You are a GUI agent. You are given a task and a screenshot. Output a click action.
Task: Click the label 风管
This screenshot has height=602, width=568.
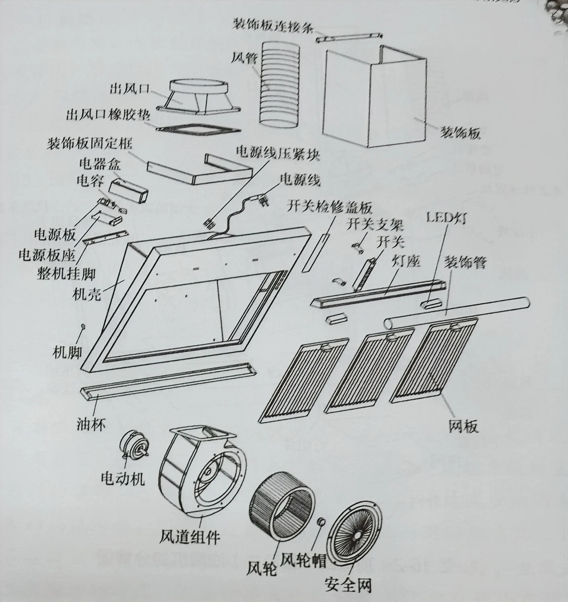[244, 58]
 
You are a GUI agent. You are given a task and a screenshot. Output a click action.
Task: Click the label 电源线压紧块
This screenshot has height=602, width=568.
[278, 154]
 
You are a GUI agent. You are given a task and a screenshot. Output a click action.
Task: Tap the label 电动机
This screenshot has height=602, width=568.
[123, 478]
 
